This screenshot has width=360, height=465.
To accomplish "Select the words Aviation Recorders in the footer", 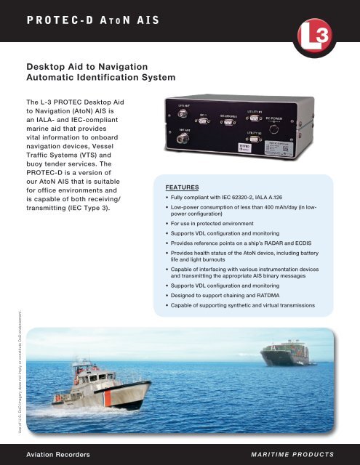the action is [x=58, y=453].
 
